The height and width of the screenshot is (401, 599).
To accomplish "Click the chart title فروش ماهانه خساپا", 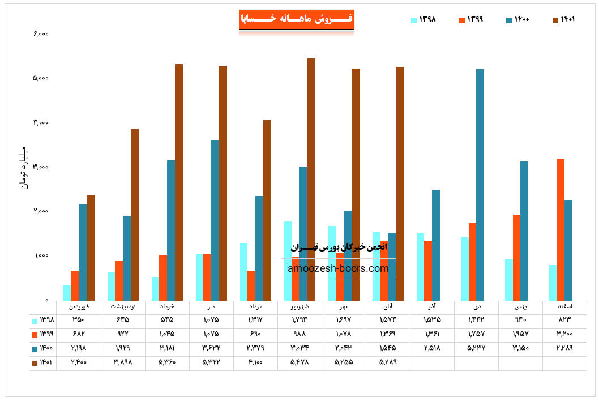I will [x=297, y=19].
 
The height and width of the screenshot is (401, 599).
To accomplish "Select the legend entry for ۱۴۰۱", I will [x=564, y=20].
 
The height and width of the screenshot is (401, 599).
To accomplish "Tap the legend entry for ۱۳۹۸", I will [x=423, y=20].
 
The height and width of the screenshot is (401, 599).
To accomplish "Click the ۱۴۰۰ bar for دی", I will [x=480, y=185].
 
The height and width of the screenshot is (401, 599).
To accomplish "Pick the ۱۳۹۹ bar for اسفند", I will [x=561, y=229].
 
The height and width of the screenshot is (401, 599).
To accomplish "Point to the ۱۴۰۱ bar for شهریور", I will [x=311, y=179].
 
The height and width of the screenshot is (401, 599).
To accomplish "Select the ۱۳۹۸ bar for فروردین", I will [x=67, y=292].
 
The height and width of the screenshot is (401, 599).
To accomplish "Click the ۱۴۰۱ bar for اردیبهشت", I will [x=135, y=214].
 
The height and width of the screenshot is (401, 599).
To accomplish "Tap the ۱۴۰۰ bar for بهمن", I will [x=524, y=231].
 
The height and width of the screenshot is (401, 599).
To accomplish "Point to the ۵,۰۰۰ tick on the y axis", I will [x=41, y=78].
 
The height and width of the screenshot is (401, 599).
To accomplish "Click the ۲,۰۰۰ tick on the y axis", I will [x=41, y=211].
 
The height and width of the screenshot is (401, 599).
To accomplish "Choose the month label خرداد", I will [x=167, y=306].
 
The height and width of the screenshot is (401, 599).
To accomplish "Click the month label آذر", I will [x=432, y=306].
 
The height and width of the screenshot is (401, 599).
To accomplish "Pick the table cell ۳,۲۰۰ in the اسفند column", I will [x=564, y=334].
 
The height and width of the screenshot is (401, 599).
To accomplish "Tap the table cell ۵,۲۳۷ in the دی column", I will [x=476, y=347].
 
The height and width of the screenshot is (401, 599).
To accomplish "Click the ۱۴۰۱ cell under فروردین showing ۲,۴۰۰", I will [x=79, y=361].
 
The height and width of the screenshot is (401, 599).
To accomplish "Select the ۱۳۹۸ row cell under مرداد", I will [x=255, y=320].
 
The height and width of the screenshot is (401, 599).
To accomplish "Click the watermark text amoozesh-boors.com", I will [x=339, y=268].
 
